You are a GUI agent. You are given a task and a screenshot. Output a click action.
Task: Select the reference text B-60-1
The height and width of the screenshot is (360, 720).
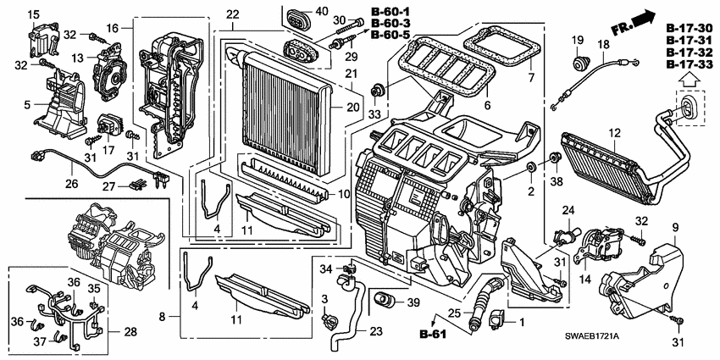point(390,11)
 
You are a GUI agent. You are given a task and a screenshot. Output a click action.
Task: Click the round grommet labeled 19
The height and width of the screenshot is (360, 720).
point(579,62)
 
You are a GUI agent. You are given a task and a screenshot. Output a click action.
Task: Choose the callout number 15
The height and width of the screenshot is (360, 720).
point(33,16)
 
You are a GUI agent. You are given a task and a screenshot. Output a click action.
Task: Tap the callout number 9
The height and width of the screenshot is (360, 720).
point(674,226)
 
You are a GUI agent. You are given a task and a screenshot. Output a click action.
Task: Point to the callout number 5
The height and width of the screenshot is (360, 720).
point(28,104)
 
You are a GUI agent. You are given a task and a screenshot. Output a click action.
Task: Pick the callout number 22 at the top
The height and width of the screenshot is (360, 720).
point(232,14)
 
